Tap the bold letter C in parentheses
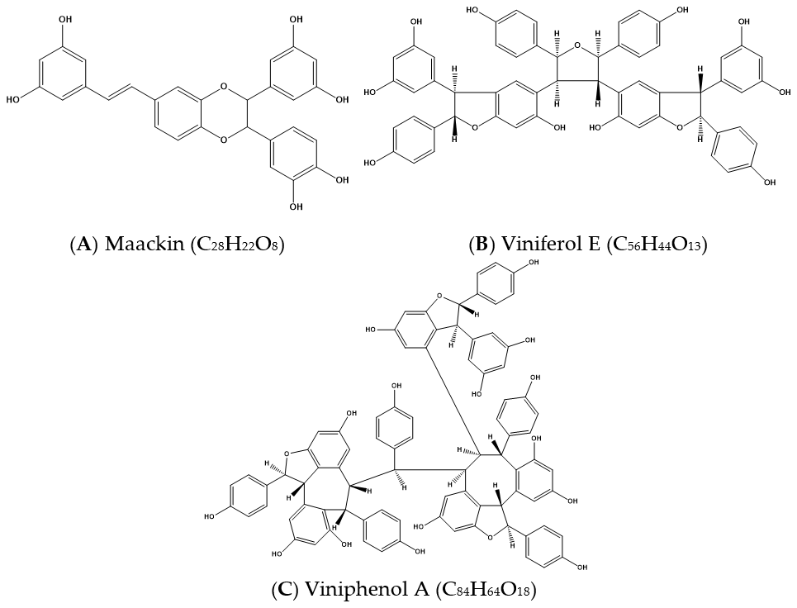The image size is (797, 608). click(282, 590)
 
